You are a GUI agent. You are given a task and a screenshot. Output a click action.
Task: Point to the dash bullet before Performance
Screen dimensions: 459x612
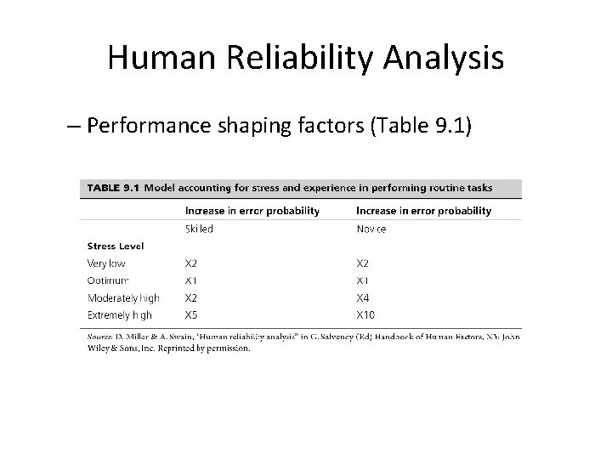(x=72, y=127)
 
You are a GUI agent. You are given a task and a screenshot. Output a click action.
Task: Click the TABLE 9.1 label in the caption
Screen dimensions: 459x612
(x=110, y=188)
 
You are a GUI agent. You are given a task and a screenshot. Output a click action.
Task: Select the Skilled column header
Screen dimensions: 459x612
(x=199, y=229)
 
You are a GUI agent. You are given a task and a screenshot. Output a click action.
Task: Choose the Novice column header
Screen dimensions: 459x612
(x=371, y=229)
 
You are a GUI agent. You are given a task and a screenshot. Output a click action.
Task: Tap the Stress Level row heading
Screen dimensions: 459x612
(x=115, y=246)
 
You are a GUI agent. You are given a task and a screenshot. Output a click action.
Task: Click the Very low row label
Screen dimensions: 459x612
(x=106, y=263)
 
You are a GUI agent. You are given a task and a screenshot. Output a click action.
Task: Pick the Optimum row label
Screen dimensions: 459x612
(x=108, y=280)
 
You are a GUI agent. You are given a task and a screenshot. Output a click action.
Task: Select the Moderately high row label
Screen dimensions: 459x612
(x=123, y=297)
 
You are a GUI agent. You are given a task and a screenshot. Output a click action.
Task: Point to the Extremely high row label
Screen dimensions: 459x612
(x=121, y=314)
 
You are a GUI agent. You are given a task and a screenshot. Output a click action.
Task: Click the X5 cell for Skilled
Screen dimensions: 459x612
(x=191, y=314)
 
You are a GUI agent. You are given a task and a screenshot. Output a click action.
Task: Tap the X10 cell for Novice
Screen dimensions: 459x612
(x=365, y=314)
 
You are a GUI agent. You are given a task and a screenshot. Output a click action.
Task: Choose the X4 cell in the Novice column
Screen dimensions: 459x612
(x=362, y=297)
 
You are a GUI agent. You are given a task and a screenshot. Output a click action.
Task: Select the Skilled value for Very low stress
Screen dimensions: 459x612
(x=191, y=263)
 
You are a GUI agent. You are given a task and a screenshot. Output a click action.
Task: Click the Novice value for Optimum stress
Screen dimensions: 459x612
(x=362, y=280)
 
